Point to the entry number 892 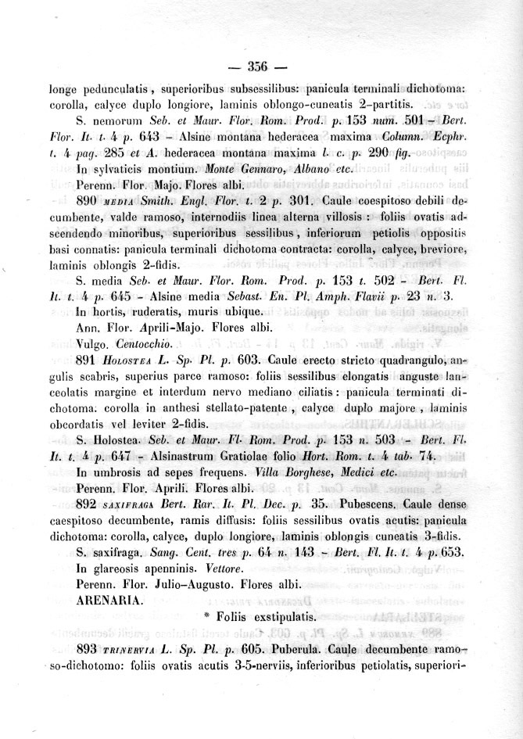pyautogui.click(x=91, y=504)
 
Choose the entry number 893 pyautogui.click(x=91, y=651)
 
